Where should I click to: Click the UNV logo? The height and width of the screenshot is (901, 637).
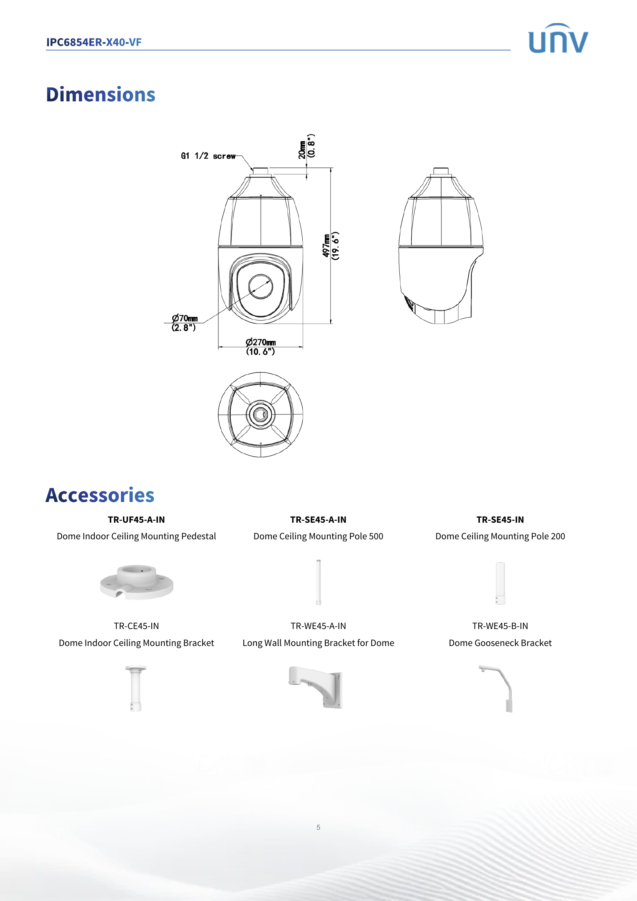pyautogui.click(x=558, y=39)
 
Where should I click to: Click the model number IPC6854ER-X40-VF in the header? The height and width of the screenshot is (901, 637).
pyautogui.click(x=94, y=42)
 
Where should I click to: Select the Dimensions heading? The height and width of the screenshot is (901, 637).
pyautogui.click(x=101, y=95)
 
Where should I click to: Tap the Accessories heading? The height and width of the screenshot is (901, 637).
pyautogui.click(x=100, y=495)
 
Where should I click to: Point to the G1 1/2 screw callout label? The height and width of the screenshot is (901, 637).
pyautogui.click(x=208, y=156)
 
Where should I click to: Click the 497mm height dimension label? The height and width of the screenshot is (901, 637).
pyautogui.click(x=331, y=246)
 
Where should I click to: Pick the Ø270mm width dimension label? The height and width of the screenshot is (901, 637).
pyautogui.click(x=260, y=347)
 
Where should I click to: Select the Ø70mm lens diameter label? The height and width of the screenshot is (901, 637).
pyautogui.click(x=184, y=322)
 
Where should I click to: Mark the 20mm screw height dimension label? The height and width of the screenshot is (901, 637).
pyautogui.click(x=307, y=146)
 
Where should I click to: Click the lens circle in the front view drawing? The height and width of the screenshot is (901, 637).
pyautogui.click(x=260, y=287)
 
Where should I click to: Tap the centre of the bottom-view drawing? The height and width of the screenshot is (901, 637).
pyautogui.click(x=260, y=414)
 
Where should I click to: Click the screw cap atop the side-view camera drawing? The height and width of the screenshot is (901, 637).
pyautogui.click(x=441, y=172)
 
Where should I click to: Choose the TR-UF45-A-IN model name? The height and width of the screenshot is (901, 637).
pyautogui.click(x=136, y=520)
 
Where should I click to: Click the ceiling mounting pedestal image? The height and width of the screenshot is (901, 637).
pyautogui.click(x=136, y=582)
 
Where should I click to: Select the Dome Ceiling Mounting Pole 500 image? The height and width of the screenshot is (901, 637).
pyautogui.click(x=318, y=582)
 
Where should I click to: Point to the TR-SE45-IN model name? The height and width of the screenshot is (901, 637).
pyautogui.click(x=500, y=520)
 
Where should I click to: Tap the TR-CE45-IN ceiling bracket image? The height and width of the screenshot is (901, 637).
pyautogui.click(x=136, y=688)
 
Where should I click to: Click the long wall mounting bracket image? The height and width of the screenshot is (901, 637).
pyautogui.click(x=316, y=687)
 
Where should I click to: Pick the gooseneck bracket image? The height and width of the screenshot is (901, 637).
pyautogui.click(x=498, y=688)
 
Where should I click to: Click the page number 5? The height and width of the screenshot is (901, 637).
pyautogui.click(x=318, y=827)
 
